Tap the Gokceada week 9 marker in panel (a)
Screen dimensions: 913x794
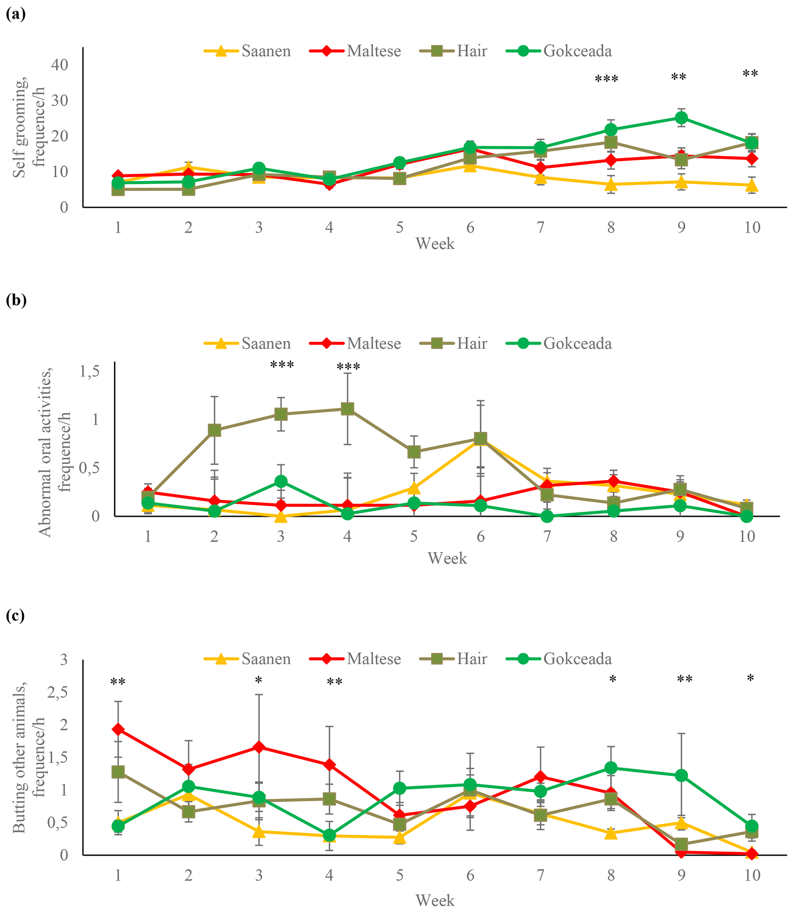tap(681, 118)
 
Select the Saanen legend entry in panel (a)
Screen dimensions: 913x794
tap(247, 51)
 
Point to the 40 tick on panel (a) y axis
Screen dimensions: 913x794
tap(60, 65)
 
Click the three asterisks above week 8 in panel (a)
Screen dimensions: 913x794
tap(606, 80)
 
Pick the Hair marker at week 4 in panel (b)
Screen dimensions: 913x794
tap(347, 408)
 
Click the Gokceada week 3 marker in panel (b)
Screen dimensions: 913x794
tap(280, 482)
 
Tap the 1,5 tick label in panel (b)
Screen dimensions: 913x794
tap(89, 371)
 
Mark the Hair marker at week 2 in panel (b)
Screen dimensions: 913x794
tap(214, 430)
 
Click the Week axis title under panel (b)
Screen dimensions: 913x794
tap(447, 558)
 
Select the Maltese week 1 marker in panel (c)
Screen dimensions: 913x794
tap(118, 729)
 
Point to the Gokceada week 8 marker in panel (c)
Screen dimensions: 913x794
tap(611, 768)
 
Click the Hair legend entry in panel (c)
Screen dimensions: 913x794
tap(453, 659)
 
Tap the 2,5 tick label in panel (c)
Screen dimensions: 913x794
tap(57, 693)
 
